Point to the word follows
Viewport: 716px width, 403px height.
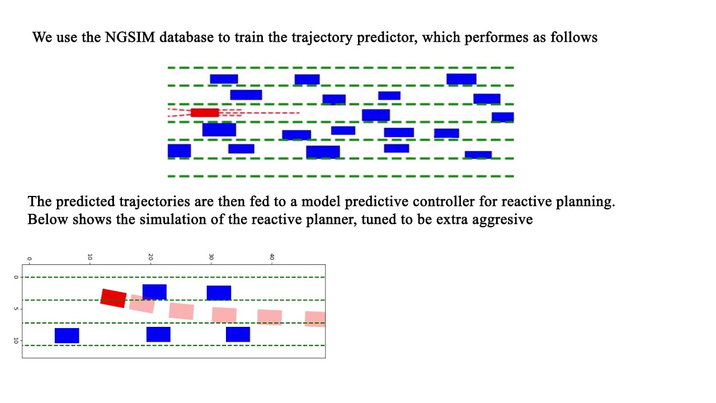(x=574, y=38)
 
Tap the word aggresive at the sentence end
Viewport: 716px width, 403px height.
(x=502, y=220)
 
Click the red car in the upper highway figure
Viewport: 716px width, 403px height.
(x=205, y=113)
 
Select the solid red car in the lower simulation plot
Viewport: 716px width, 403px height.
(x=114, y=298)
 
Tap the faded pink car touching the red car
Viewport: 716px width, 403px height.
(x=142, y=303)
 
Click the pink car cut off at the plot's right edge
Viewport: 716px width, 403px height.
(x=315, y=319)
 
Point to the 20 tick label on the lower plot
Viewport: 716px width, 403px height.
(x=150, y=257)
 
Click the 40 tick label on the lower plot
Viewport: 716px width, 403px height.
(x=272, y=257)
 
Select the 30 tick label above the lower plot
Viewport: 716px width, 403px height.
(x=211, y=257)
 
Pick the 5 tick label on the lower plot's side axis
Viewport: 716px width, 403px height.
(x=16, y=309)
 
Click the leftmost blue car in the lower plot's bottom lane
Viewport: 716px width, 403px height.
(x=67, y=335)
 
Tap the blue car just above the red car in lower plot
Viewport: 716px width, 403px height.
(x=154, y=292)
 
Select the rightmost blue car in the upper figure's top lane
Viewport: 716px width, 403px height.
(x=461, y=79)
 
